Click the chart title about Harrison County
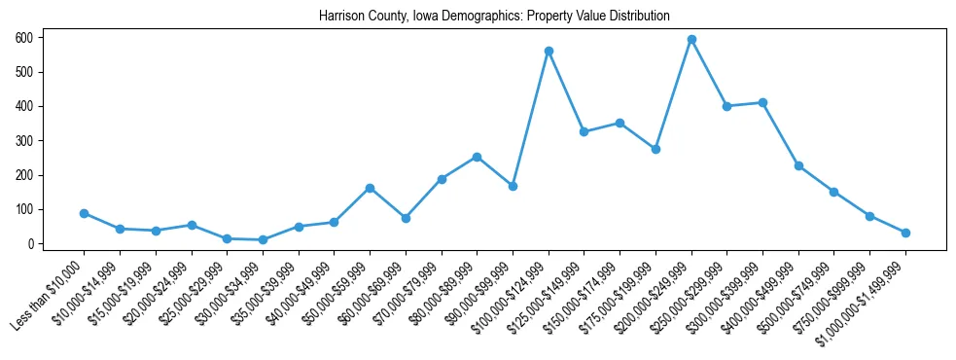tap(494, 17)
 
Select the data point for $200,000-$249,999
tap(691, 39)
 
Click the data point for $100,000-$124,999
tap(549, 51)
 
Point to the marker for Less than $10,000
tap(85, 213)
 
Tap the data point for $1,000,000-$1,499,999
tap(905, 233)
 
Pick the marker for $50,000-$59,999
tap(371, 188)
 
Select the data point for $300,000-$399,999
tap(762, 102)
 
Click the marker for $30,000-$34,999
tap(263, 239)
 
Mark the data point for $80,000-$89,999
tap(478, 157)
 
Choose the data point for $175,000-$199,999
tap(655, 149)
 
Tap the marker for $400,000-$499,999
tap(798, 165)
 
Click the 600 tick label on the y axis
tap(23, 37)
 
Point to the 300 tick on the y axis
tap(23, 140)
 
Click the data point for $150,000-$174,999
tap(620, 123)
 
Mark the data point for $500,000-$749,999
tap(834, 192)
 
